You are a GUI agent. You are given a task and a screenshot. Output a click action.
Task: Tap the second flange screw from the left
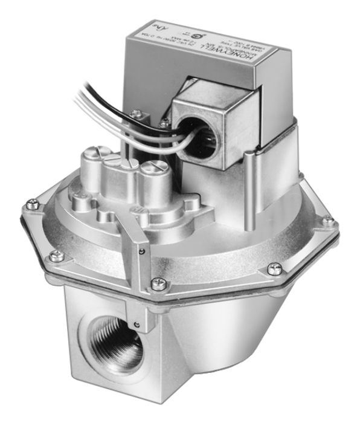[56, 256]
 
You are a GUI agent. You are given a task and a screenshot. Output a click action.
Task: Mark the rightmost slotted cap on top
[151, 167]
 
